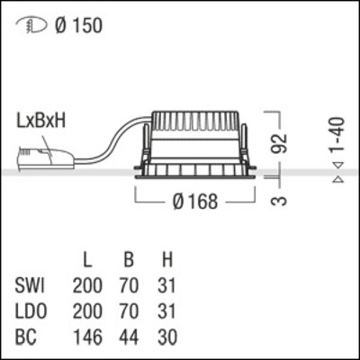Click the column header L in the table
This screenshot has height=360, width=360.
tap(87, 262)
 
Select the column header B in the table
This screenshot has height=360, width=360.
tap(129, 262)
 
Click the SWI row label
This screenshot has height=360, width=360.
tap(32, 287)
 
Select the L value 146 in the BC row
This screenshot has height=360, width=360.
tap(87, 337)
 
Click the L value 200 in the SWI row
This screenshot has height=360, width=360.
tap(87, 287)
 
